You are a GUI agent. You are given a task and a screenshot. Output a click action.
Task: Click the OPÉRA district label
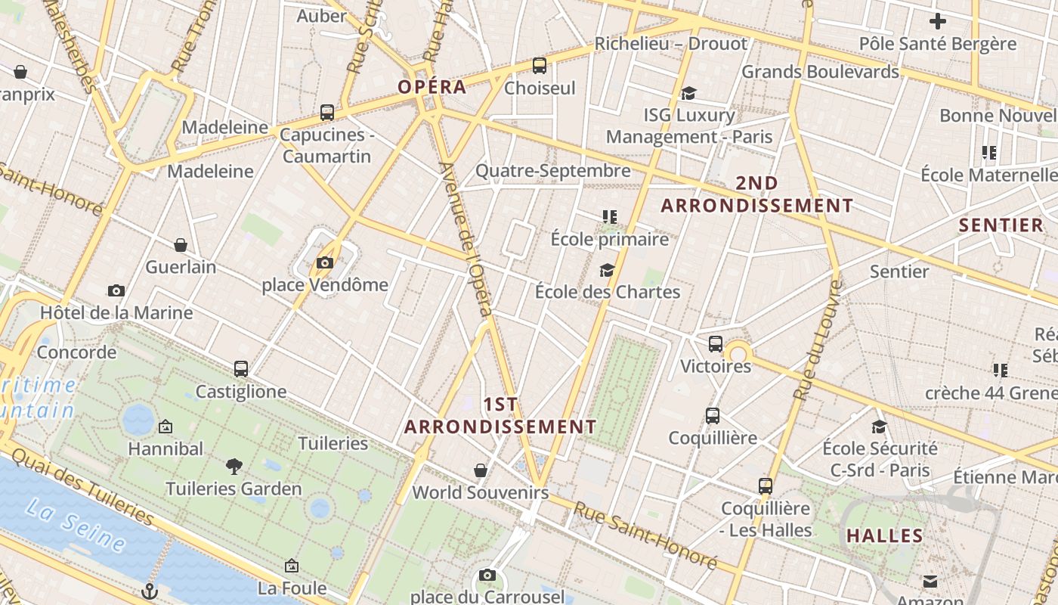pyautogui.click(x=432, y=86)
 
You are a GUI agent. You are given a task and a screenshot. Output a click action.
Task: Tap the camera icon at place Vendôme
pyautogui.click(x=325, y=263)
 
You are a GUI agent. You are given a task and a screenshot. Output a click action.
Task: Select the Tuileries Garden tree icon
pyautogui.click(x=234, y=467)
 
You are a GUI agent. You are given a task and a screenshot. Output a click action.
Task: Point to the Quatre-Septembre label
pyautogui.click(x=552, y=171)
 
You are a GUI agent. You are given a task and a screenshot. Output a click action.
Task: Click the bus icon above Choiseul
pyautogui.click(x=539, y=66)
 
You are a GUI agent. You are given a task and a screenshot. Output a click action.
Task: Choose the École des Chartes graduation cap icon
pyautogui.click(x=607, y=270)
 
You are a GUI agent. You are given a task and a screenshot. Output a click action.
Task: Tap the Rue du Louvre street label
pyautogui.click(x=818, y=340)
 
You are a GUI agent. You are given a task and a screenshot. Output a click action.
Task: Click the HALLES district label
pyautogui.click(x=884, y=536)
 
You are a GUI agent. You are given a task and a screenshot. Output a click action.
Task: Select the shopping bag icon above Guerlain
pyautogui.click(x=181, y=245)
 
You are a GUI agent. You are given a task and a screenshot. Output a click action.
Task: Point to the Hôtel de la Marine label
pyautogui.click(x=116, y=312)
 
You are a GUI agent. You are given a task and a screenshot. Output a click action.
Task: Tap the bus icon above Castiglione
pyautogui.click(x=241, y=369)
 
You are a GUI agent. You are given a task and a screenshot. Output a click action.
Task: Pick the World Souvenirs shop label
pyautogui.click(x=480, y=493)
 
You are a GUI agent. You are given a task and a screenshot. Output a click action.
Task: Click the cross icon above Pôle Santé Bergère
pyautogui.click(x=938, y=21)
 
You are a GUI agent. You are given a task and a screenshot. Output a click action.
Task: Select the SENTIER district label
pyautogui.click(x=1001, y=225)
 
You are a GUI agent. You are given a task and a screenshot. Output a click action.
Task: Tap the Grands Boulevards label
pyautogui.click(x=820, y=72)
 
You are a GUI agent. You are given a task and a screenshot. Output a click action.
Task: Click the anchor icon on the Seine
pyautogui.click(x=150, y=591)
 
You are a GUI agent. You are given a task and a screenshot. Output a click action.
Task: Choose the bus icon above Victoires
pyautogui.click(x=716, y=344)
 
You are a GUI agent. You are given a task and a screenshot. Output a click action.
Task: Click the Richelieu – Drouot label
pyautogui.click(x=670, y=44)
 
